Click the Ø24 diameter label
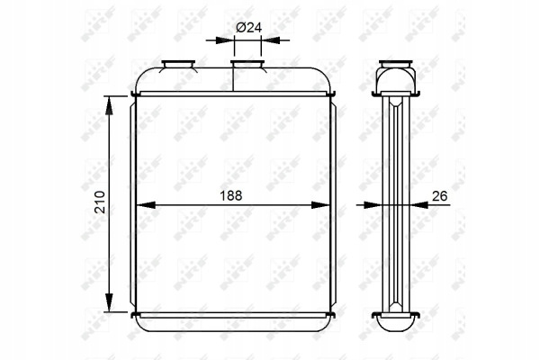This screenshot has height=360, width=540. point(248,27)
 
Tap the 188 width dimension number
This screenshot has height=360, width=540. point(231,195)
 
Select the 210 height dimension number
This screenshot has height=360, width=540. point(100,202)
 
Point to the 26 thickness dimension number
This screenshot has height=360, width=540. point(439,195)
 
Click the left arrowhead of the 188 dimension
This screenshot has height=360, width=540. point(145,205)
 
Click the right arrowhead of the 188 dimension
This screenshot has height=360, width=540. point(321,205)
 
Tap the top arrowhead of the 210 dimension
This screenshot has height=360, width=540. point(109,105)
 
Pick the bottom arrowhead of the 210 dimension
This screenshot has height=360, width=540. point(109,302)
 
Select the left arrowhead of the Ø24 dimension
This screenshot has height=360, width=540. point(225,40)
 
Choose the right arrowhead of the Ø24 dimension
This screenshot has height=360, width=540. point(270,40)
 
